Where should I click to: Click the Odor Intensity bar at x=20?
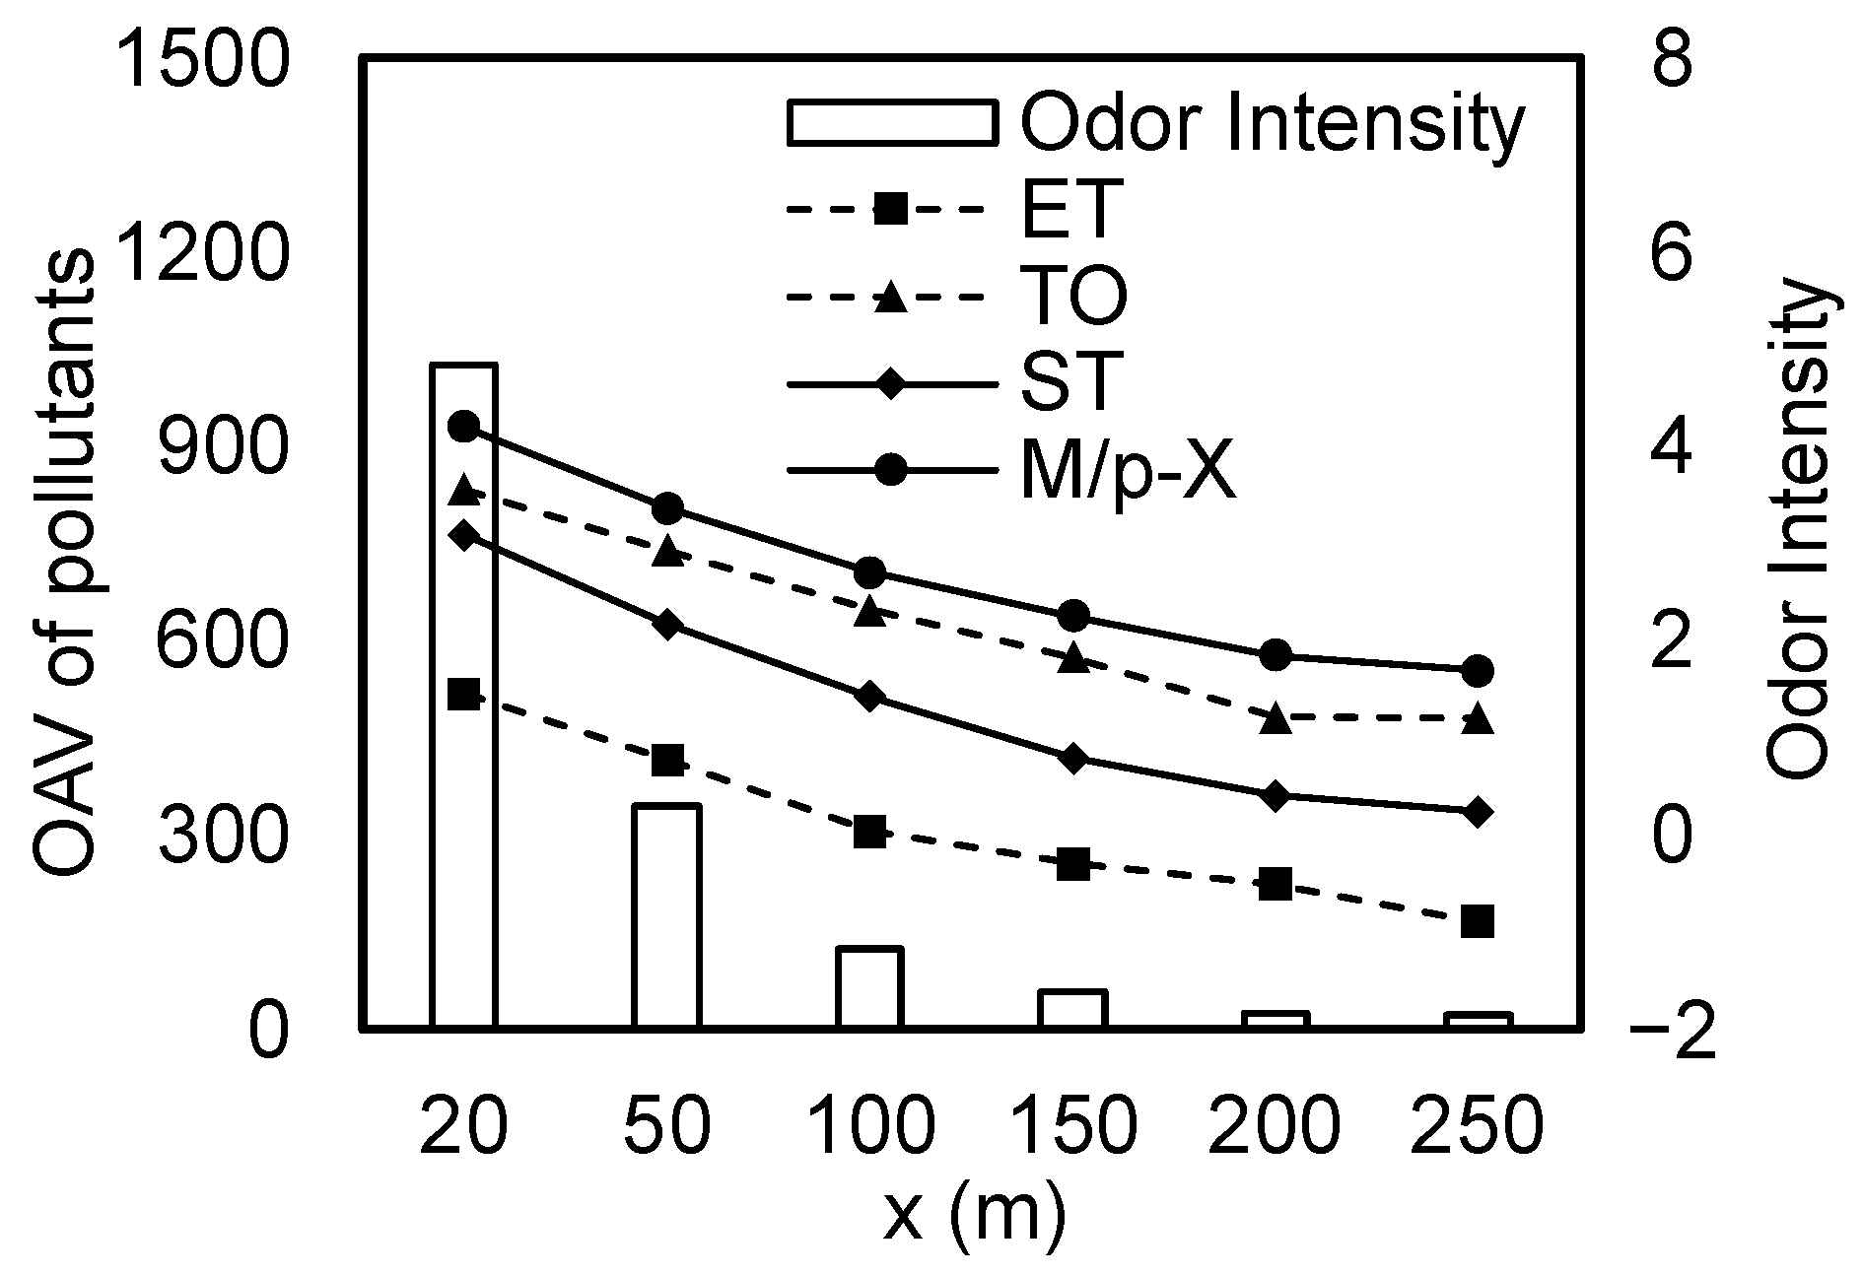pos(463,696)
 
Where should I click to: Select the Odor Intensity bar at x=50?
pos(666,916)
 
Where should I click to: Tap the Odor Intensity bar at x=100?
pos(869,987)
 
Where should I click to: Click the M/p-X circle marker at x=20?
pos(463,427)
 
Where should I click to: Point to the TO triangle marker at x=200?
pos(1276,718)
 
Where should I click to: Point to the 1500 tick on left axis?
pos(202,60)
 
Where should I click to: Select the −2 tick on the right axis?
pos(1672,1038)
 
